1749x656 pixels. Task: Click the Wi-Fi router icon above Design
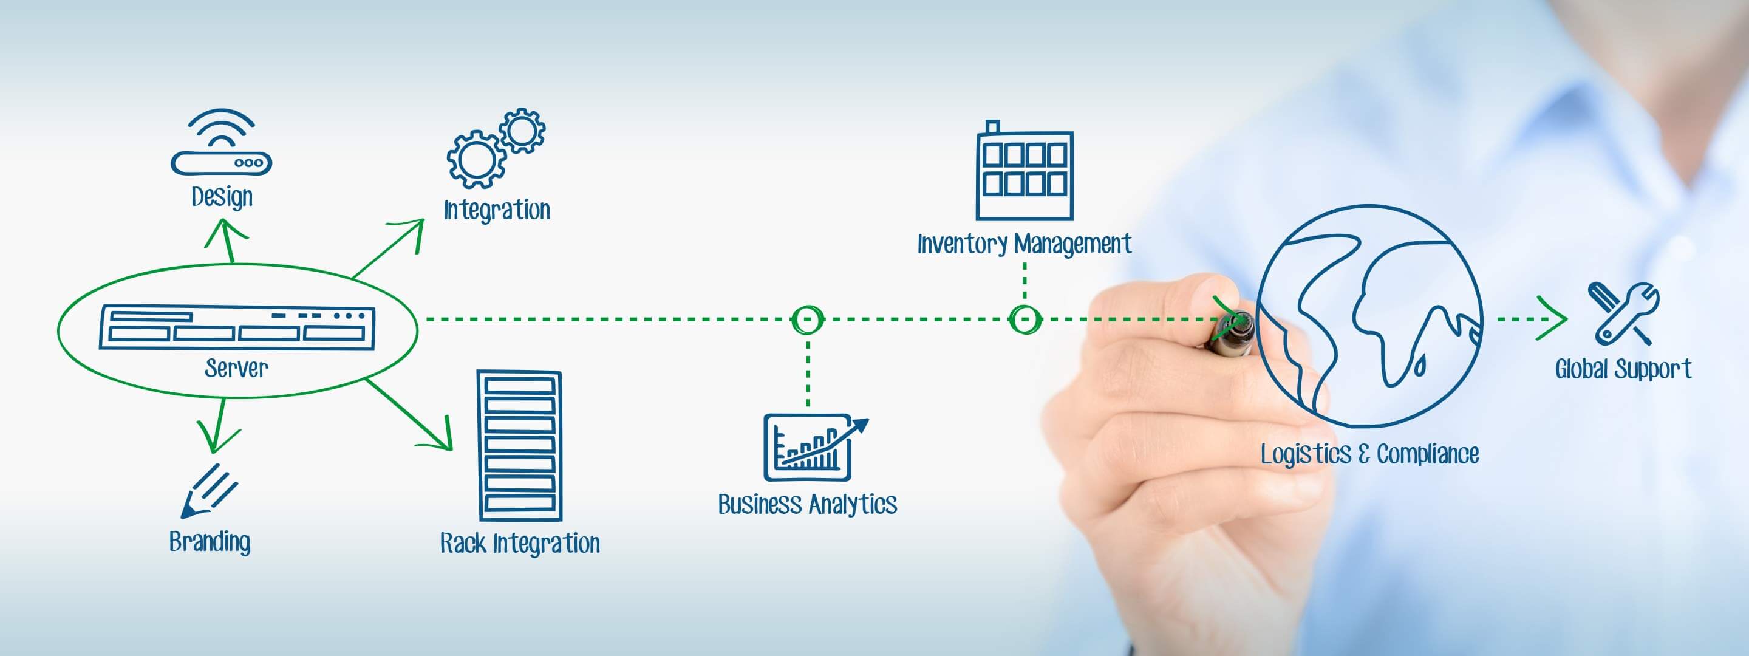click(221, 142)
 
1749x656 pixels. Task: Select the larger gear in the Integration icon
click(476, 160)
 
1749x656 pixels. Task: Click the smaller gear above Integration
click(522, 130)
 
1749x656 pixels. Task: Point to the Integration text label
click(497, 210)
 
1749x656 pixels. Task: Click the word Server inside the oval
click(236, 368)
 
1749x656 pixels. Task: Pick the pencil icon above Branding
click(209, 491)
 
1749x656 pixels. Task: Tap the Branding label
click(210, 542)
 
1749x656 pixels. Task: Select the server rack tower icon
click(519, 445)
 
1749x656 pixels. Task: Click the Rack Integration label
click(520, 543)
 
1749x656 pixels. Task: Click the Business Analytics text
click(808, 505)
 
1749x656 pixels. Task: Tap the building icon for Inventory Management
click(1025, 171)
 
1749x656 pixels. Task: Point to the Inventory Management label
click(1025, 244)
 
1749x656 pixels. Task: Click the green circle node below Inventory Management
click(1025, 319)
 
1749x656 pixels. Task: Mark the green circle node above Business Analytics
click(808, 319)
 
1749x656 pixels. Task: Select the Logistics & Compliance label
click(1370, 454)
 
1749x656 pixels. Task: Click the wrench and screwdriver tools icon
click(1623, 313)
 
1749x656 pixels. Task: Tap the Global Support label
click(1623, 369)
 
